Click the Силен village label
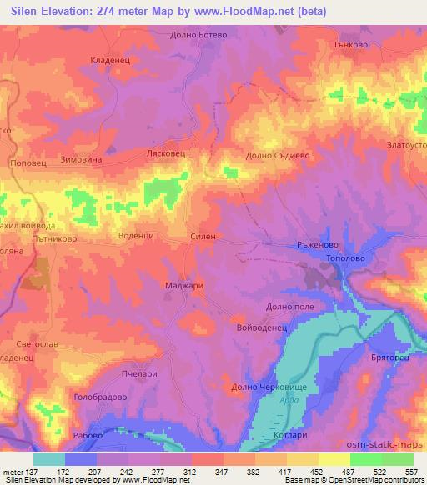pos(203,237)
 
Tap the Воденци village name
pos(137,237)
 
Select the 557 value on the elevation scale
pos(411,471)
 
